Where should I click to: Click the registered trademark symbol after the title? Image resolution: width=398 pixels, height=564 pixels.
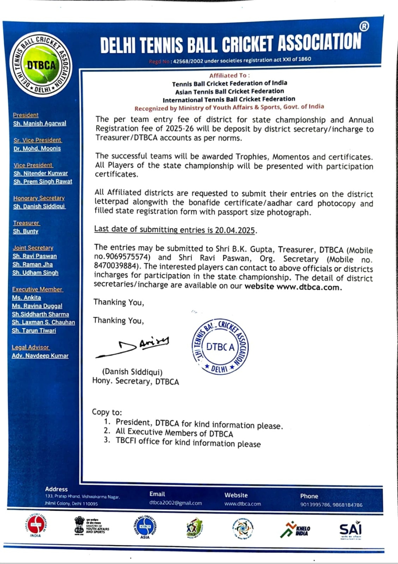click(364, 26)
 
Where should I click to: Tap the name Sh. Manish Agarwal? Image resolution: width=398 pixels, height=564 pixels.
click(40, 124)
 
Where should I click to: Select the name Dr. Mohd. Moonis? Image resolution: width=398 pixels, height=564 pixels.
click(37, 148)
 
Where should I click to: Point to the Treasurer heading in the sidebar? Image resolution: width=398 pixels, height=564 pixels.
click(26, 223)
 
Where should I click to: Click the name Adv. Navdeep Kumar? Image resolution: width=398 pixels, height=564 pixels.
click(40, 356)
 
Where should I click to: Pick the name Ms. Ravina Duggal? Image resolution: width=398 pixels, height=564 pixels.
click(37, 306)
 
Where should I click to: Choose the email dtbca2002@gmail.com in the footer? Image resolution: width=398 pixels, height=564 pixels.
click(176, 503)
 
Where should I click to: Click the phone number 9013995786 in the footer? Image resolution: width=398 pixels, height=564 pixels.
click(315, 505)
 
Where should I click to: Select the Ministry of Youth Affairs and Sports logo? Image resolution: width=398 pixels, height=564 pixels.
click(92, 526)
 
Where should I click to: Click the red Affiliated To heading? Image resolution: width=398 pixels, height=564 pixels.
click(229, 75)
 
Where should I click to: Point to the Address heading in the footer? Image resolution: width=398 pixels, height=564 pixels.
click(56, 489)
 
